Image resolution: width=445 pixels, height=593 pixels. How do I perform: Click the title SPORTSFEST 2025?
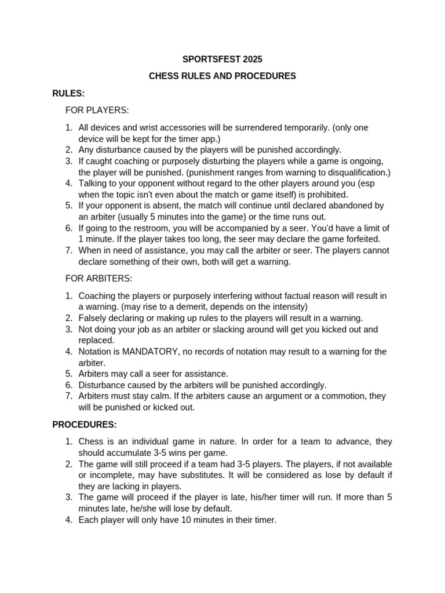point(222,59)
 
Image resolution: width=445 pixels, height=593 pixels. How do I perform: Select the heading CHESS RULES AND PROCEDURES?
point(222,76)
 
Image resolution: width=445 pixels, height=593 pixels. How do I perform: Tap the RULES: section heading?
point(68,93)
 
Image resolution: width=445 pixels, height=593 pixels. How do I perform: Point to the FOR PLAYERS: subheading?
point(97,110)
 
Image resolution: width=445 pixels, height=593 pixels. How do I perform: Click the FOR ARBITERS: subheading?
point(99,278)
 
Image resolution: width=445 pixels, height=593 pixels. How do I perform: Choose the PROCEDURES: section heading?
point(85,424)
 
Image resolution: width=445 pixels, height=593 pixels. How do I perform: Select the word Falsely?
point(93,318)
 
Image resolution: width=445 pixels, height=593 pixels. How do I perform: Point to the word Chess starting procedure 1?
point(92,441)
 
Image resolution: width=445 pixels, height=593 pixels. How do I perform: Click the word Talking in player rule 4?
point(94,183)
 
